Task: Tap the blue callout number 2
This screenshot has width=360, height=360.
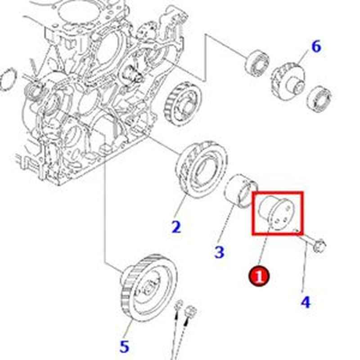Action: (176, 226)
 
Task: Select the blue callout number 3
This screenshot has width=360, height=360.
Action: (219, 252)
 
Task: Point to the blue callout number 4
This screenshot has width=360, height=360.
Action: (306, 301)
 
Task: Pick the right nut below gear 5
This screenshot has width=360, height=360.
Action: (191, 311)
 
